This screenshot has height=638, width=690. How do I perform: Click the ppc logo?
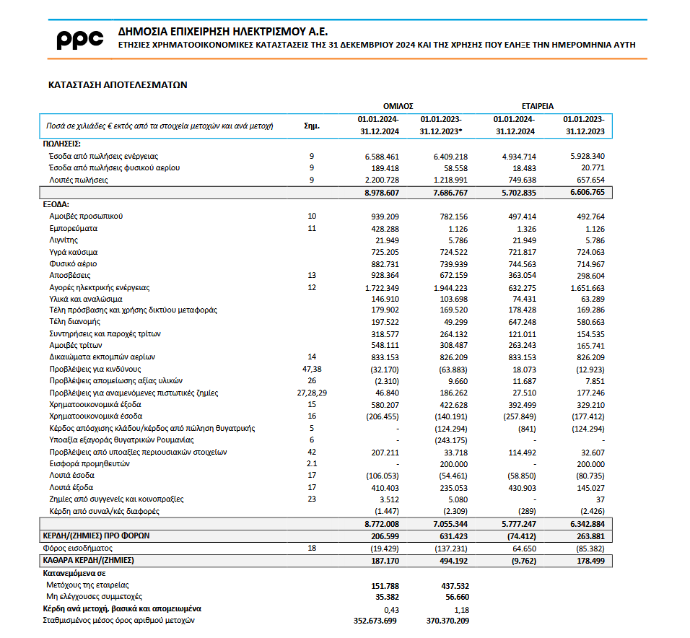coord(80,40)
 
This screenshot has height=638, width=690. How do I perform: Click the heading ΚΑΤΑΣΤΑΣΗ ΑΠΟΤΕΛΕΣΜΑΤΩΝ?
coord(117,84)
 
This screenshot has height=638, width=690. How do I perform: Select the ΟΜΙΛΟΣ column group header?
coord(398,105)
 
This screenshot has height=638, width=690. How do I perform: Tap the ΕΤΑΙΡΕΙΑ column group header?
coord(538,105)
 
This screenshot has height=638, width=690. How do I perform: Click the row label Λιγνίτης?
coord(64,240)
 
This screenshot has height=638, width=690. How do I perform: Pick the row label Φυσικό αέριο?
coord(73,263)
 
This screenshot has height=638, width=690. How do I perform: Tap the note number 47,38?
coord(312,369)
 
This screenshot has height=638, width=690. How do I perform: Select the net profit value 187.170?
coord(383,560)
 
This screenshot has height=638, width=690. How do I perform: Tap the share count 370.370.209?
coord(447,620)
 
